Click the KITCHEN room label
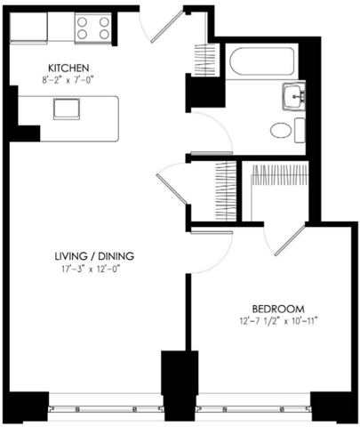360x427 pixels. [x=68, y=68]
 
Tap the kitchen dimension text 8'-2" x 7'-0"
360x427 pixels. [x=68, y=80]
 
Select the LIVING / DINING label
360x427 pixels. [x=94, y=256]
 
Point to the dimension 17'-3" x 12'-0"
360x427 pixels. [x=92, y=270]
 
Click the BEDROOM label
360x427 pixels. [x=278, y=309]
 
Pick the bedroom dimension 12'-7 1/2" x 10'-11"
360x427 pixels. [x=278, y=321]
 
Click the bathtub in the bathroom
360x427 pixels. [x=262, y=61]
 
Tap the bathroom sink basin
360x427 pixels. [x=293, y=96]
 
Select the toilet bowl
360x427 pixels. [x=281, y=130]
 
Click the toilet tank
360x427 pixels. [x=300, y=130]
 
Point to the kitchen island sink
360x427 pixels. [x=67, y=109]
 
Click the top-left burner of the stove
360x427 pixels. [x=82, y=22]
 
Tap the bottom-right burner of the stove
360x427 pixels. [x=104, y=35]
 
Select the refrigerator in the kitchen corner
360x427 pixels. [x=28, y=28]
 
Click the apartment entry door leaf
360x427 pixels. [x=167, y=27]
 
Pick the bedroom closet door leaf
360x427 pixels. [x=290, y=241]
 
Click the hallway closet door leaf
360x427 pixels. [x=172, y=189]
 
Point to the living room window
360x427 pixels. [x=106, y=409]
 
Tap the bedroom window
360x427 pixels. [x=253, y=409]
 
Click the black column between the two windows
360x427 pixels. [x=180, y=385]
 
